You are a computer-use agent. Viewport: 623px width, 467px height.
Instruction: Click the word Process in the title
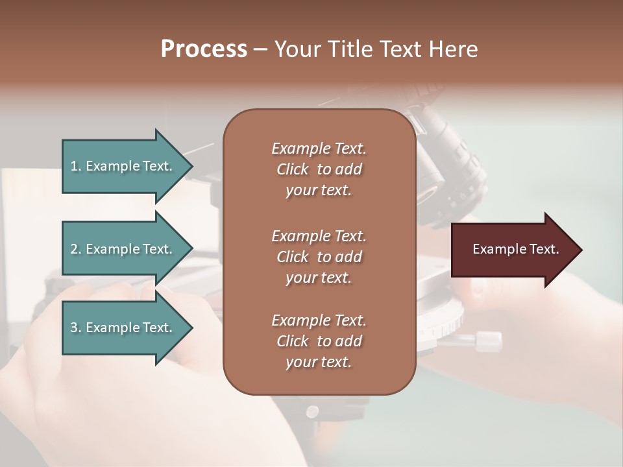204,49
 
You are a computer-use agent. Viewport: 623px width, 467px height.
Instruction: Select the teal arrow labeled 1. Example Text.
123,166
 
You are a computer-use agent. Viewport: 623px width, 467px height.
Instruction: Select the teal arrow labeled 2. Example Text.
123,249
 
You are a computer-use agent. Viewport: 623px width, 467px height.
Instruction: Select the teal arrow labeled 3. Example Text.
123,328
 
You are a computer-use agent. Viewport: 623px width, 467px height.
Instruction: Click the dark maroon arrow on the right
513,249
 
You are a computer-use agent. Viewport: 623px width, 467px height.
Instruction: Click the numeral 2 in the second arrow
74,249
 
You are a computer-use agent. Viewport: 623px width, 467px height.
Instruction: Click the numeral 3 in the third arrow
74,328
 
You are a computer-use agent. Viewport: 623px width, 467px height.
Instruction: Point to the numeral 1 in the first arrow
74,166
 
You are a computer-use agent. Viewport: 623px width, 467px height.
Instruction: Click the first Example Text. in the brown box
319,149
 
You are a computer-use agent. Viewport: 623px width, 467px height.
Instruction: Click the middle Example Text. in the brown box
319,236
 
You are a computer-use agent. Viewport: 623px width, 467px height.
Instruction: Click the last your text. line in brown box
319,363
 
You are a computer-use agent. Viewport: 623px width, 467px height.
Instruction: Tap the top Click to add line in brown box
319,169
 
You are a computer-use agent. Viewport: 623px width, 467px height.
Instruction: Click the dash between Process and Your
261,49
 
